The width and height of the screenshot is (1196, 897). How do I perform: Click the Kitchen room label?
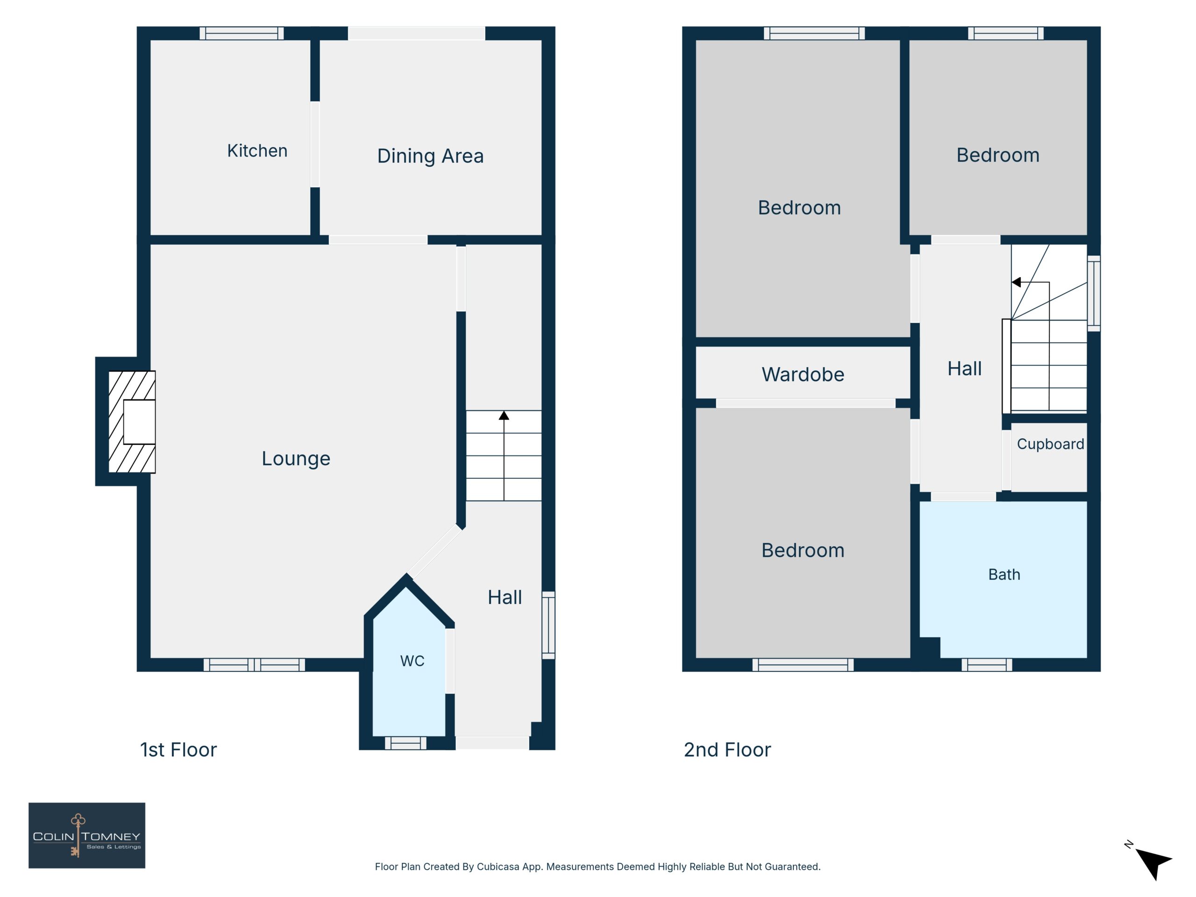tap(257, 151)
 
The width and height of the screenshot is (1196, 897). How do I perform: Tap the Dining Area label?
tap(430, 156)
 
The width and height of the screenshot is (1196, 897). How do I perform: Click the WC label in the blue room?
tap(412, 661)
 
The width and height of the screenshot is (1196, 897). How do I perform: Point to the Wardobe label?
tap(803, 375)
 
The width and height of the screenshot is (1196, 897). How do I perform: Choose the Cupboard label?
tap(1051, 444)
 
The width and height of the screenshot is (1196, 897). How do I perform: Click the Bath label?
tap(1004, 574)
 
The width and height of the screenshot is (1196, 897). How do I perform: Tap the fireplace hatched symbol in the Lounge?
tap(131, 422)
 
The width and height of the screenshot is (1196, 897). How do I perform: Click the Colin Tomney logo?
tap(87, 835)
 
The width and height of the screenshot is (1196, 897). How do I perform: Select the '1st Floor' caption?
tap(178, 750)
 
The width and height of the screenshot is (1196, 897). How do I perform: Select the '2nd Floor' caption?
tap(727, 750)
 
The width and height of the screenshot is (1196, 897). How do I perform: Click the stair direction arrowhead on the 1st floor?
tap(504, 415)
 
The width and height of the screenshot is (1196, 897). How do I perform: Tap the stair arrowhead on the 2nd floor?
tap(1016, 282)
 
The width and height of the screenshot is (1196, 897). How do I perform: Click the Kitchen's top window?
tap(242, 34)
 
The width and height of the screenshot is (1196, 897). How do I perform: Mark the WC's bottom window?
tap(406, 743)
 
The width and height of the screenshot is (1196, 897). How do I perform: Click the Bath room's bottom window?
tap(987, 665)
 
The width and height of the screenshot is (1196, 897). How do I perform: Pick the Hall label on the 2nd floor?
tap(965, 369)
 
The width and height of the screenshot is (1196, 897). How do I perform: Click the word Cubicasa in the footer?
tap(498, 867)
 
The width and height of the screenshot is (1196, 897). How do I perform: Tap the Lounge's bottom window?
tap(254, 665)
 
